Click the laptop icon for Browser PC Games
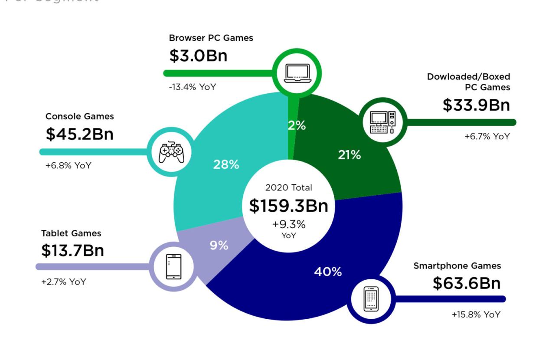pyautogui.click(x=297, y=73)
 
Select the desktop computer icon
pyautogui.click(x=382, y=122)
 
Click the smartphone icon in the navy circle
pyautogui.click(x=371, y=299)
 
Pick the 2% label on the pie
pyautogui.click(x=297, y=126)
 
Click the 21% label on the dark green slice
pyautogui.click(x=349, y=155)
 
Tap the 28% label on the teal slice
pyautogui.click(x=226, y=165)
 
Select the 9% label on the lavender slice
pyautogui.click(x=219, y=245)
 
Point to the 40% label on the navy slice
pyautogui.click(x=328, y=272)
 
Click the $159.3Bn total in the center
pyautogui.click(x=289, y=206)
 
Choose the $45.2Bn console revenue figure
pyautogui.click(x=79, y=134)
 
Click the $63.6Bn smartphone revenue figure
pyautogui.click(x=467, y=283)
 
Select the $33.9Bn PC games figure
pyautogui.click(x=476, y=105)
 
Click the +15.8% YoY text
pyautogui.click(x=476, y=314)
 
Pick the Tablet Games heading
pyautogui.click(x=71, y=233)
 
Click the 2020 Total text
pyautogui.click(x=289, y=188)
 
